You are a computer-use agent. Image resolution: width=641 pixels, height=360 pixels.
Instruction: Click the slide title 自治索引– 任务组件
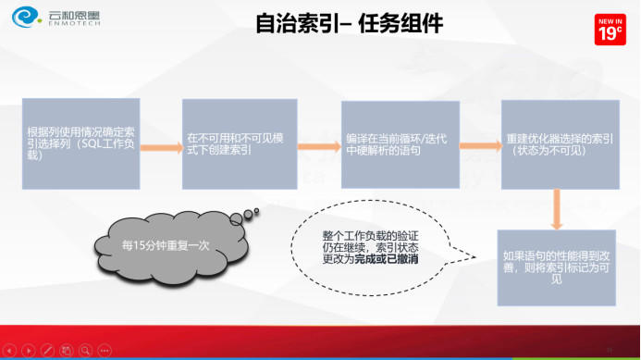(349, 24)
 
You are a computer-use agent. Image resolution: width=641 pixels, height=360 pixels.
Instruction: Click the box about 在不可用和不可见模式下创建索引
(229, 143)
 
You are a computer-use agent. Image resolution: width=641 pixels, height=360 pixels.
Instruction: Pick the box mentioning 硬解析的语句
(400, 143)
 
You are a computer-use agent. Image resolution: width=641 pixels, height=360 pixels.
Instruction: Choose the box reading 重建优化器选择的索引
(558, 143)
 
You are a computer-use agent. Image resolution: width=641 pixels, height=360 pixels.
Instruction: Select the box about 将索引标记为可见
(556, 267)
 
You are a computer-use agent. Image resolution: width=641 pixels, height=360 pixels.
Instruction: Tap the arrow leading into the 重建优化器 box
(480, 144)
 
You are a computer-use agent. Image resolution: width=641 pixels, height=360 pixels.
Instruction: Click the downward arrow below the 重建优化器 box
(557, 208)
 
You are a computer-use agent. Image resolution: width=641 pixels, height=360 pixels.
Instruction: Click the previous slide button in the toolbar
(8, 351)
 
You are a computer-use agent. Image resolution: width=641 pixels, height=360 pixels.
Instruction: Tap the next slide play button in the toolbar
(28, 351)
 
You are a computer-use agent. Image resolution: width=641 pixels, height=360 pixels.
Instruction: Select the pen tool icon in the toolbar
(46, 351)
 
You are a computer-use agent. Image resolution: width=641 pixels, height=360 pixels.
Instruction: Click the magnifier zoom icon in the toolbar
(85, 351)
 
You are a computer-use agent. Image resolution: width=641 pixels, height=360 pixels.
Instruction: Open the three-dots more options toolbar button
(105, 351)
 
